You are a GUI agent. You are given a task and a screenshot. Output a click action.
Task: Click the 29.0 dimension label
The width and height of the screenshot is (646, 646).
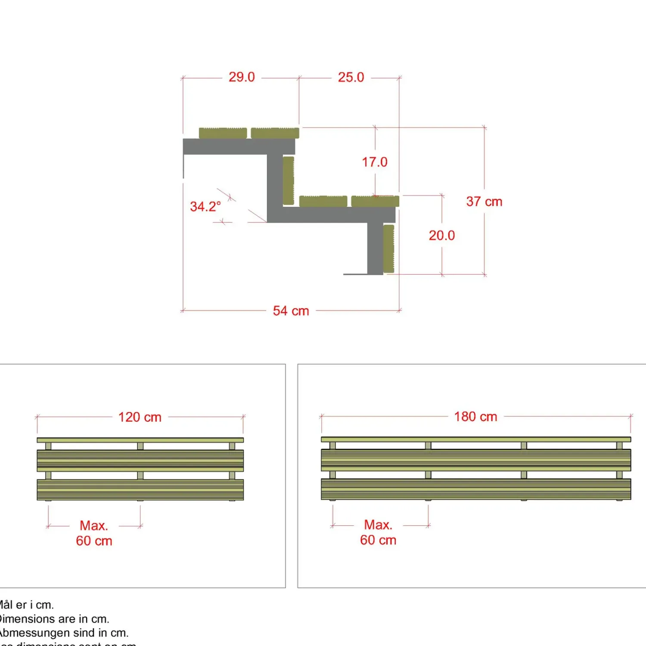click(242, 77)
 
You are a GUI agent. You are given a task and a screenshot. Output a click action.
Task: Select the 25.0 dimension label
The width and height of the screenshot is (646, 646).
click(351, 78)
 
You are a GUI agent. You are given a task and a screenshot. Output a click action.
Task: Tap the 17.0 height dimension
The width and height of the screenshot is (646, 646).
click(375, 162)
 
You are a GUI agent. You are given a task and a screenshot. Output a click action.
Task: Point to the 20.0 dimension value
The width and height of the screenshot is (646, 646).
click(441, 236)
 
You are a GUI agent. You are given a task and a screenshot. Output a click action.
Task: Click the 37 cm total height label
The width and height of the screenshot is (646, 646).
click(484, 202)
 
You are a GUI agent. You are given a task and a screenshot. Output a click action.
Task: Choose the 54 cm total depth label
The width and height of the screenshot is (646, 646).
click(291, 311)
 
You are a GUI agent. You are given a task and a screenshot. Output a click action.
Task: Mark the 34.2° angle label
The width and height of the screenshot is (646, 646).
click(205, 207)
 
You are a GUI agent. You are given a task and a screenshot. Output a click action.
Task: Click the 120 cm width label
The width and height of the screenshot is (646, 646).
click(140, 417)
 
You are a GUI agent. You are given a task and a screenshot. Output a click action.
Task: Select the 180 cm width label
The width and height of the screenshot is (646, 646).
click(475, 417)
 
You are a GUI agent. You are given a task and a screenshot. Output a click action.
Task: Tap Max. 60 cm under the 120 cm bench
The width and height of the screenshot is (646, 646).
click(94, 533)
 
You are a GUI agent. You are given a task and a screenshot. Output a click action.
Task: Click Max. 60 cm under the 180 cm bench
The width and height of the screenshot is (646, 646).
click(378, 532)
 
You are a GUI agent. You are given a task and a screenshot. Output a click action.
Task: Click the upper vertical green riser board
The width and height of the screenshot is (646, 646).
click(289, 180)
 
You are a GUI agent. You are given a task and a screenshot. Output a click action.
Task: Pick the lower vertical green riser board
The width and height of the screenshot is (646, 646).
click(388, 248)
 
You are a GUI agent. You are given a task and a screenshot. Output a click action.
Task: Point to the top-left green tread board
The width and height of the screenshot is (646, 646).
click(223, 133)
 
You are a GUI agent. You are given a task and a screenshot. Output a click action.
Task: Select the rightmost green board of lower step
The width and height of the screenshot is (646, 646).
click(375, 201)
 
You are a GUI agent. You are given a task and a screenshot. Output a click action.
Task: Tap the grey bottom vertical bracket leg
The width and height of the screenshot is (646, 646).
click(375, 248)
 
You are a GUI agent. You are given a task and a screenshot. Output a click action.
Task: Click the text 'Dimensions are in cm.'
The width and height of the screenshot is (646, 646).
click(54, 619)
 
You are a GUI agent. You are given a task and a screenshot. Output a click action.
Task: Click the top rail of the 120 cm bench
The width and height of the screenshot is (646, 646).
click(140, 440)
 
